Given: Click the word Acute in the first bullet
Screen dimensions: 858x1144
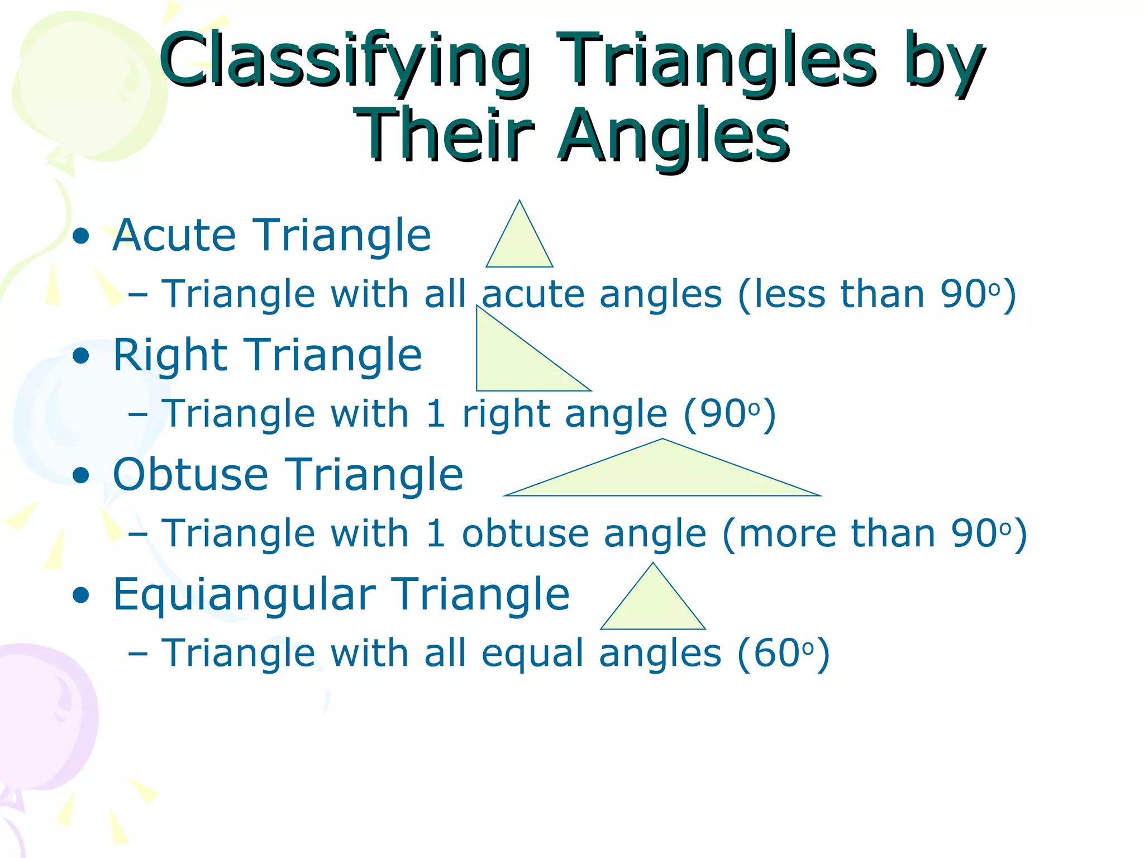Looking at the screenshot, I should [x=175, y=235].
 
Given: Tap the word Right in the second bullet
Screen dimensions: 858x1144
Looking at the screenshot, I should [x=170, y=355].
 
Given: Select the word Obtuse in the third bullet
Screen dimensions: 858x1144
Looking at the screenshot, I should [x=190, y=475].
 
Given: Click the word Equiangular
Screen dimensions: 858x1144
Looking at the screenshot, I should [x=244, y=594].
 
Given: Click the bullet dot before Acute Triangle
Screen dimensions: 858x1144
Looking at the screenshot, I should [x=82, y=236].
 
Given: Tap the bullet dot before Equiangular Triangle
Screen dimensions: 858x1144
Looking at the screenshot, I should [x=82, y=595].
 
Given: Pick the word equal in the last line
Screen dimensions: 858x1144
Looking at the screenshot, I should [x=532, y=653].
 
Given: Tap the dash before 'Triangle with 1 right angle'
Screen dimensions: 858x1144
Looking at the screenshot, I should [x=137, y=414].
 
